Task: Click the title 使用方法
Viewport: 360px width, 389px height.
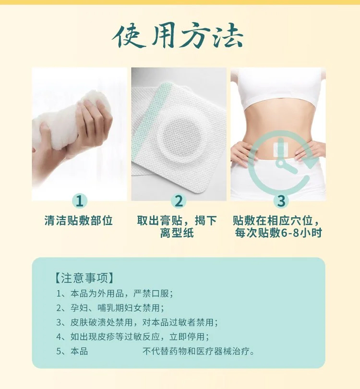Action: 178,36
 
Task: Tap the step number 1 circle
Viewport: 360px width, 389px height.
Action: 80,200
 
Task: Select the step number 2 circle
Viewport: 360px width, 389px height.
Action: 179,200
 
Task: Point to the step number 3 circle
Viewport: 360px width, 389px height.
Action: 281,200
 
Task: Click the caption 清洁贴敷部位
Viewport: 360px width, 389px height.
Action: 79,220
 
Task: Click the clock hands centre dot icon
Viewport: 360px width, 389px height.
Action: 280,163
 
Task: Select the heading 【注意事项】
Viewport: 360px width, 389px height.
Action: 84,278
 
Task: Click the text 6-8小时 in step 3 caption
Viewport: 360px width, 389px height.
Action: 301,233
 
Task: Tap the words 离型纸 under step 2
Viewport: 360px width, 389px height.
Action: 177,233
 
